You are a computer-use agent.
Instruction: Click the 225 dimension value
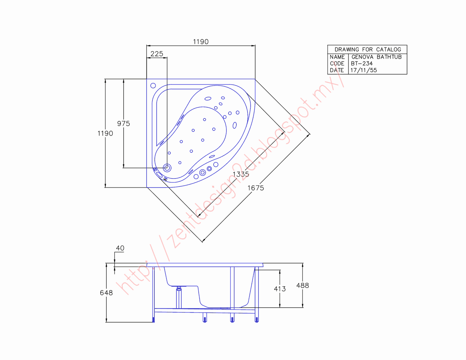click(157, 54)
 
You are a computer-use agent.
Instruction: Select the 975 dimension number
click(124, 123)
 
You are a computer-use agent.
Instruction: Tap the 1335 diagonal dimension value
click(241, 174)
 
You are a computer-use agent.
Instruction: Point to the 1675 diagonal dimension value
click(256, 188)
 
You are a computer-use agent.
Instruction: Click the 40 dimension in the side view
click(120, 248)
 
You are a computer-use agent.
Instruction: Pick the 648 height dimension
click(106, 293)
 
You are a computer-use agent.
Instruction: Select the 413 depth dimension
click(280, 289)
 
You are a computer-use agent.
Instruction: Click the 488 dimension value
click(303, 285)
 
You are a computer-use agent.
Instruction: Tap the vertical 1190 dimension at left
click(105, 133)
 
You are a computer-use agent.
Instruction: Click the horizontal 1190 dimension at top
click(201, 42)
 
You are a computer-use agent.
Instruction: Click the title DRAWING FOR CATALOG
click(367, 50)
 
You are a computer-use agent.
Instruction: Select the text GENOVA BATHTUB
click(376, 57)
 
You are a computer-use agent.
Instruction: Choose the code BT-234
click(362, 63)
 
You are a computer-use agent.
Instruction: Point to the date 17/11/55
click(363, 70)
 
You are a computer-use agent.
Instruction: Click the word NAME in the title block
click(337, 57)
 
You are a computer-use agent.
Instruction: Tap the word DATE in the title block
click(337, 70)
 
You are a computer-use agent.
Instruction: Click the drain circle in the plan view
click(167, 168)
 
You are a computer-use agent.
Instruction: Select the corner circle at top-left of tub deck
click(153, 86)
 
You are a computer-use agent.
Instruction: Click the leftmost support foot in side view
click(154, 320)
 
